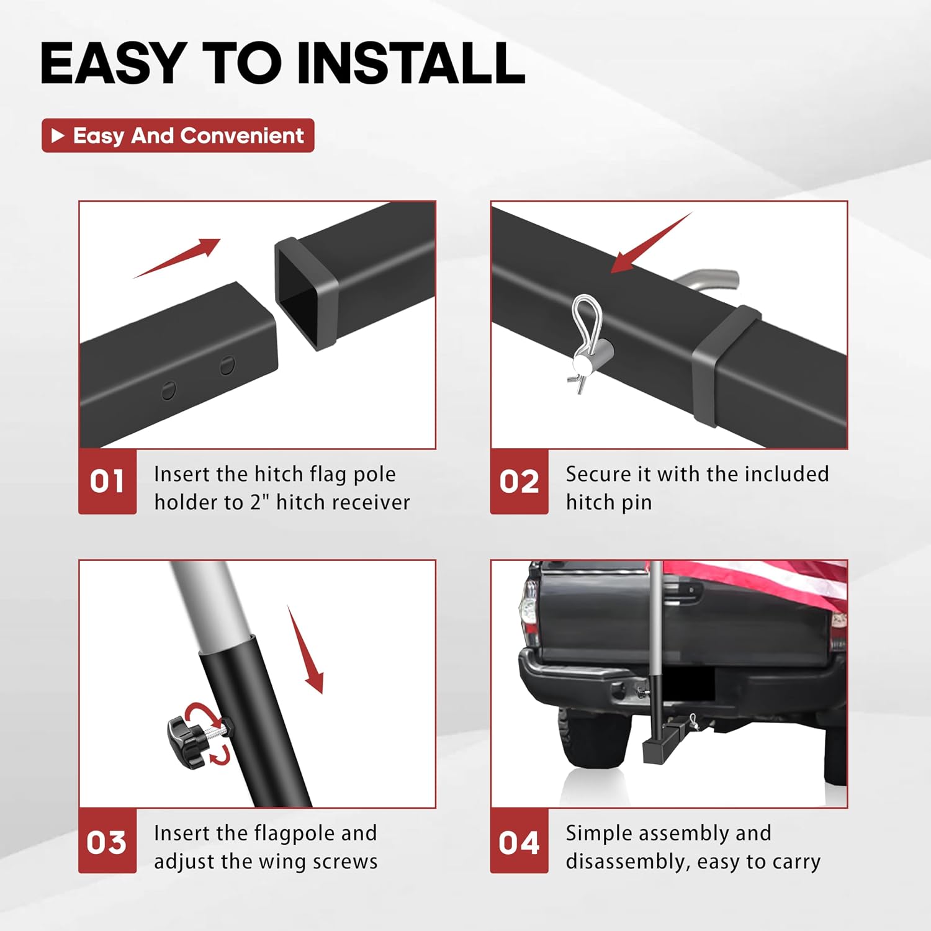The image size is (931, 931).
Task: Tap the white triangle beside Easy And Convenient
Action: coord(58,135)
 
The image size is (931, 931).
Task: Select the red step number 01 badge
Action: coord(107,482)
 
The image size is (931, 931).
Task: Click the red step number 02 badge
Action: coord(519,482)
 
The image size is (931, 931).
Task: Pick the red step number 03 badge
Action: coord(107,841)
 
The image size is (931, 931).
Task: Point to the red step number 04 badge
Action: coord(519,841)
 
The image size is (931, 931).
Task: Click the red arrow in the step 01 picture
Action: coord(177,258)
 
